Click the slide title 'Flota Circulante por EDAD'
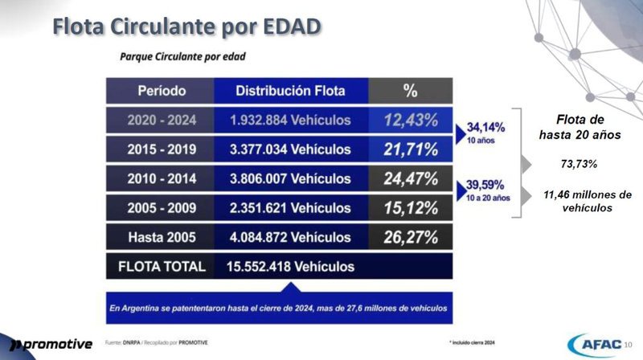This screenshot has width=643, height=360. (187, 26)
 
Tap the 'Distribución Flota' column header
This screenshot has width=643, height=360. (291, 91)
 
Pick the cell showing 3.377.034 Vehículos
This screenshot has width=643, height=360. (291, 149)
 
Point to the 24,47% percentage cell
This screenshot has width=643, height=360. (410, 178)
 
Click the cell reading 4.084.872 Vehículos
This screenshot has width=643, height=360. (291, 237)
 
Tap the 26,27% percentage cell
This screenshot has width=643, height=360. (410, 237)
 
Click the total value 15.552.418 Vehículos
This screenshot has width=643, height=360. (291, 266)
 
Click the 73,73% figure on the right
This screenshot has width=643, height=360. (579, 164)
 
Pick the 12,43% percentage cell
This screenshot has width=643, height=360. (410, 121)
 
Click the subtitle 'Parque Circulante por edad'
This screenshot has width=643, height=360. (182, 57)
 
